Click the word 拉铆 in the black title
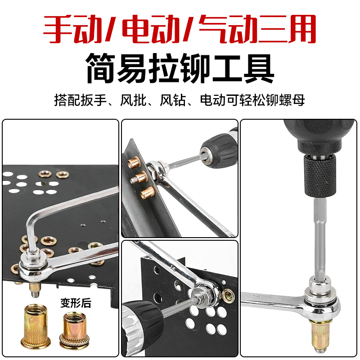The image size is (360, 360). pos(180,68)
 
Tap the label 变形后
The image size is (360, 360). pos(76,303)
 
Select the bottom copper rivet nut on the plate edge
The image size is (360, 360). pos(146,193)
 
